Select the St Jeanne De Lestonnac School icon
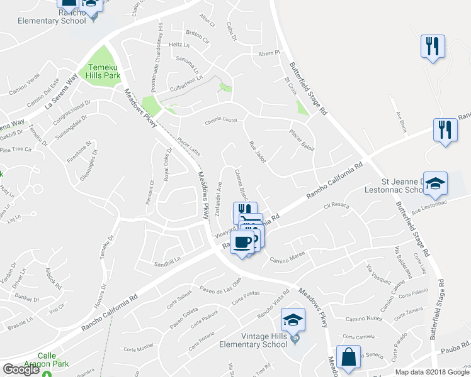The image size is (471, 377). [435, 183]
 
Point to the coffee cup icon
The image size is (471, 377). [242, 242]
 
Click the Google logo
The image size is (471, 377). [21, 369]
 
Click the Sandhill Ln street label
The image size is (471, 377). [167, 258]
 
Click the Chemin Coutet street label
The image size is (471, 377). [220, 123]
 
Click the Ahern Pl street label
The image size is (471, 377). [269, 53]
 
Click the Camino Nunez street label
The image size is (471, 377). [364, 320]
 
